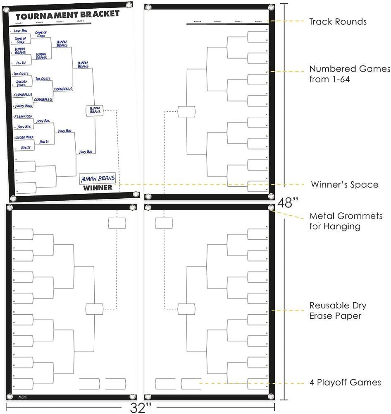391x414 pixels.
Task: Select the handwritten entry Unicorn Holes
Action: point(21,83)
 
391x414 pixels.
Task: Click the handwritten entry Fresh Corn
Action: point(23,117)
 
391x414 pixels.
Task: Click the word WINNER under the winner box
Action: point(98,188)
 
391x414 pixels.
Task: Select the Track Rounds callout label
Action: point(338,22)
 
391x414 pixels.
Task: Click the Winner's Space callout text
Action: point(344,185)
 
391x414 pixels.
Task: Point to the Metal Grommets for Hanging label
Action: point(346,221)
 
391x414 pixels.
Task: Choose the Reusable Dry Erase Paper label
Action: point(338,310)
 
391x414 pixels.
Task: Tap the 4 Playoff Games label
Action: point(345,383)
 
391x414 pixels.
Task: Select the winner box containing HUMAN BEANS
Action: point(98,179)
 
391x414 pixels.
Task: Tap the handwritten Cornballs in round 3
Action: point(63,89)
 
